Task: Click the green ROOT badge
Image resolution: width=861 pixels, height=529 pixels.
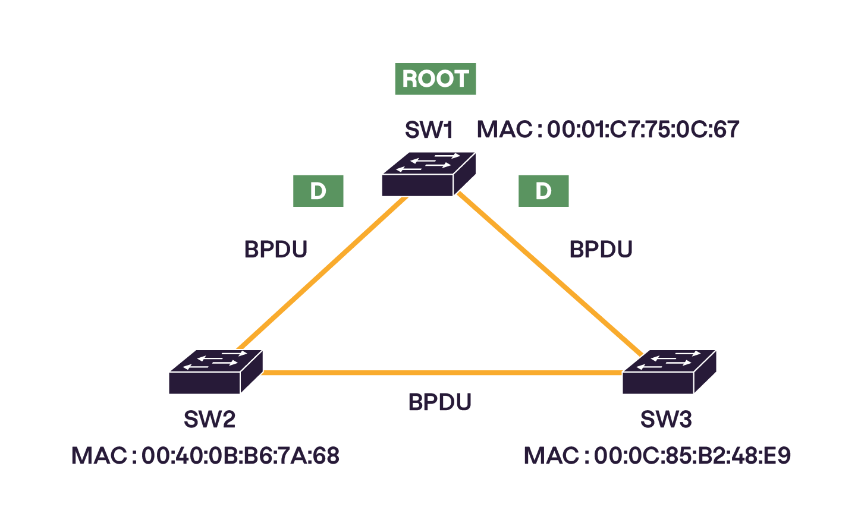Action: (435, 79)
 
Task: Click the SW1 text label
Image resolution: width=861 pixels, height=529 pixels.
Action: (429, 130)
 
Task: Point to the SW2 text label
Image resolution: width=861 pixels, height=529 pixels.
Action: (209, 420)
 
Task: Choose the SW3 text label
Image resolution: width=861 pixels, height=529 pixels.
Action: (666, 420)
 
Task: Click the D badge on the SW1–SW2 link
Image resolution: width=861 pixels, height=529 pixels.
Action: (318, 191)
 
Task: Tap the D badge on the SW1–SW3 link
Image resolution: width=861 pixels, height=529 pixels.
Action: (543, 191)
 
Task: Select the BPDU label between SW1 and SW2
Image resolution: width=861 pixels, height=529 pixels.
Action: (276, 250)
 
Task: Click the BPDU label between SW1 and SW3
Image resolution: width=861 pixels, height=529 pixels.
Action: (601, 250)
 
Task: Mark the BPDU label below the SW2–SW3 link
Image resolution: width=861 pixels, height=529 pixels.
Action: (440, 402)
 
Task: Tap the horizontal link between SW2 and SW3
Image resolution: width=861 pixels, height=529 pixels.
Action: (440, 373)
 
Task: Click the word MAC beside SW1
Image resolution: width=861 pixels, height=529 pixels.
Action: (504, 130)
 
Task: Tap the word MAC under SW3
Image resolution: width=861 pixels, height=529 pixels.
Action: (551, 456)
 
